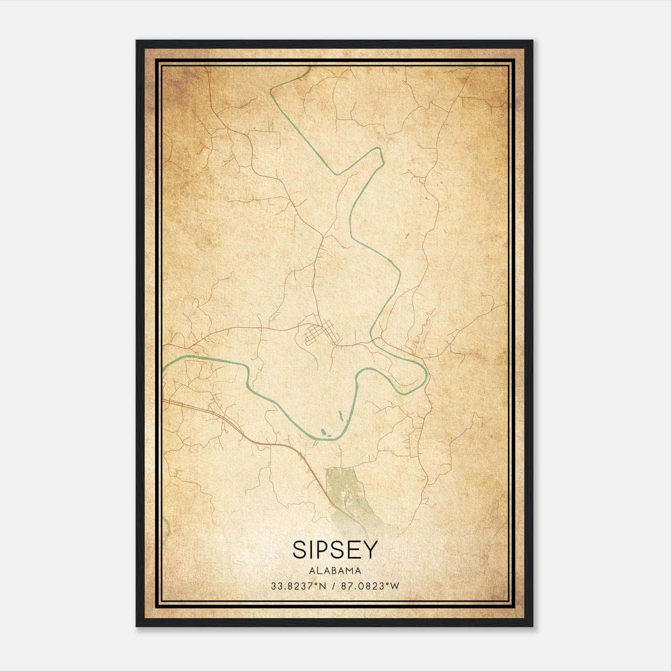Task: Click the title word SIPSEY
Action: (335, 550)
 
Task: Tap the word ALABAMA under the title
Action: (335, 571)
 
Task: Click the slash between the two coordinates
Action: (333, 586)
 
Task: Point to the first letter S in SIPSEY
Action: (300, 550)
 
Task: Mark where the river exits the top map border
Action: (308, 68)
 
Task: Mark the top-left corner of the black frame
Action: (137, 41)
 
